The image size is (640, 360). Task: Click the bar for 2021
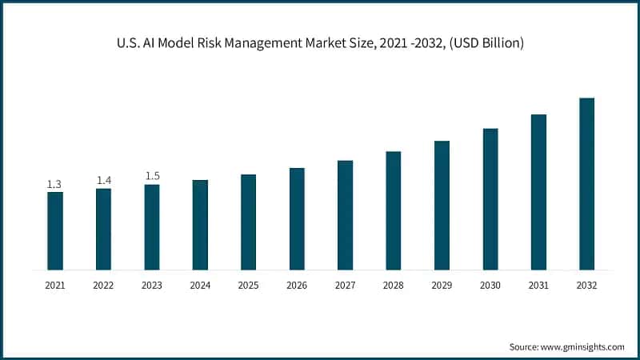(x=54, y=230)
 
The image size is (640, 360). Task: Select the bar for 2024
(x=200, y=225)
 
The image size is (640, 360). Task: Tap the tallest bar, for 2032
(x=586, y=183)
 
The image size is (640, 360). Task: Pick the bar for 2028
(x=393, y=210)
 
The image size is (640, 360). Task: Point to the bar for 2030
(x=490, y=198)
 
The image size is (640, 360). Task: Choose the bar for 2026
(x=297, y=218)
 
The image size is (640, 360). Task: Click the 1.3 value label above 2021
(x=54, y=185)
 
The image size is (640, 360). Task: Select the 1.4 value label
(x=103, y=181)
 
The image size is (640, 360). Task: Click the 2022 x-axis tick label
(x=103, y=285)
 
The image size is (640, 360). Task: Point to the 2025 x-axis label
(x=248, y=285)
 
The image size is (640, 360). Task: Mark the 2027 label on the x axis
(x=345, y=285)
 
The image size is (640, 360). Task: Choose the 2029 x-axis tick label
(x=442, y=285)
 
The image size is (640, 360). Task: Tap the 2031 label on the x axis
(x=538, y=285)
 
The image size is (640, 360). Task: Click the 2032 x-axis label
(x=586, y=285)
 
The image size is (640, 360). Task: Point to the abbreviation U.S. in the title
(x=128, y=42)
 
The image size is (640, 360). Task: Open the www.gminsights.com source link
(x=582, y=346)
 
